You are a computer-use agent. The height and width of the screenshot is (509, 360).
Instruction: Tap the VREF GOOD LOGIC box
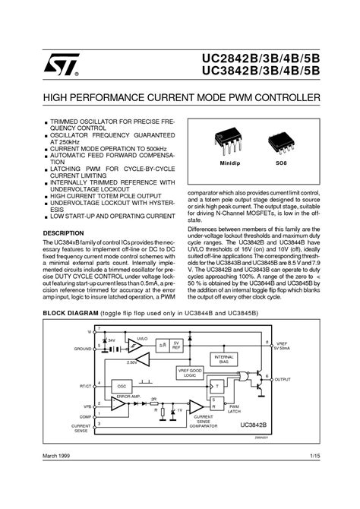(x=190, y=372)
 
